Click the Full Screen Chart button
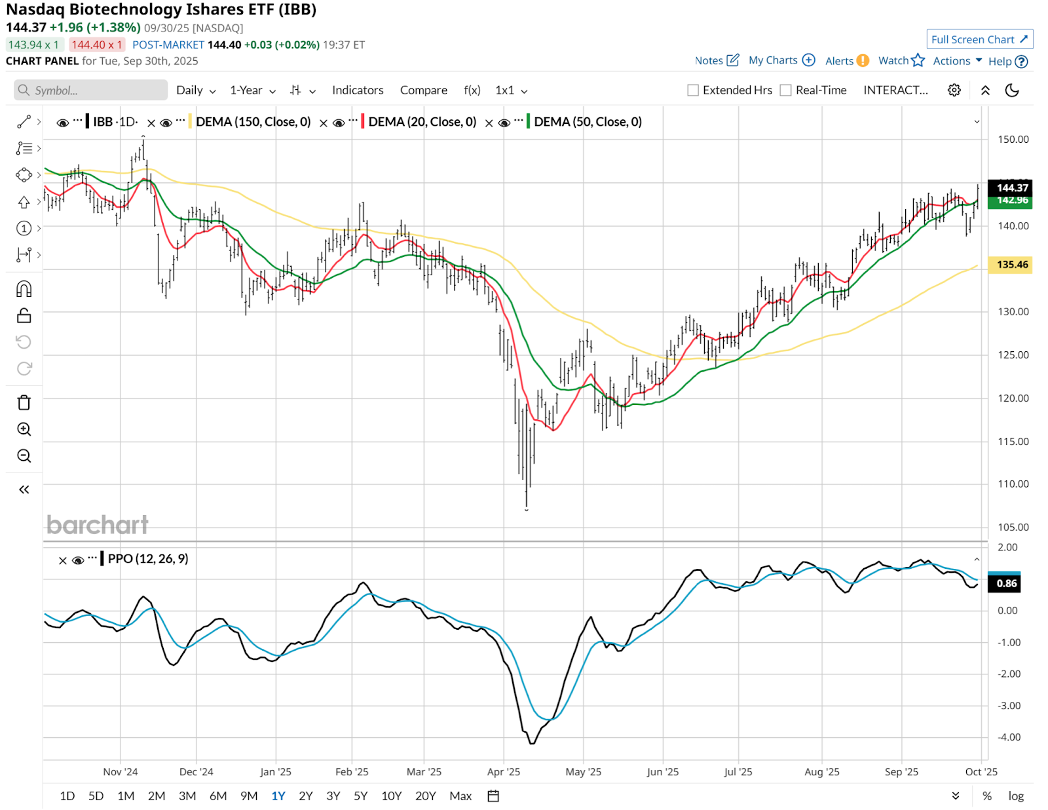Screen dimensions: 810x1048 pos(979,39)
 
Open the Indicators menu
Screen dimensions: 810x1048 pos(358,90)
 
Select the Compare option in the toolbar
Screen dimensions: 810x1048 pos(423,90)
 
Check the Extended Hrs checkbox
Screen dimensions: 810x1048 pos(693,90)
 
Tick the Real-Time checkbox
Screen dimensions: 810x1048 pos(786,90)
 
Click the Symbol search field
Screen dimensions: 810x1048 pos(92,90)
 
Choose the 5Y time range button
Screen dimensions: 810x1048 pos(360,796)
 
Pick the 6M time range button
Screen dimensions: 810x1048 pos(218,796)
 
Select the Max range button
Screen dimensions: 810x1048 pos(460,796)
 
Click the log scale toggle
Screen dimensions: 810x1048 pos(1016,796)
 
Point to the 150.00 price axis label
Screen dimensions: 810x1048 pos(1013,140)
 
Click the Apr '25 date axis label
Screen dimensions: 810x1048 pos(504,772)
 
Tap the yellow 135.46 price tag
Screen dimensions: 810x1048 pos(1012,265)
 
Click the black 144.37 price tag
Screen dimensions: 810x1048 pos(1012,188)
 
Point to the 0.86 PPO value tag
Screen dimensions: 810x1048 pos(1007,583)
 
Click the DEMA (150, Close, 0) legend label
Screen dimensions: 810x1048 pos(253,122)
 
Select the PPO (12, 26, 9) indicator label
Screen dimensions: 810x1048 pos(148,559)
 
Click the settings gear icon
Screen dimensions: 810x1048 pos(954,90)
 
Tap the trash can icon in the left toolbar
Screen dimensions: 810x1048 pos(24,402)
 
